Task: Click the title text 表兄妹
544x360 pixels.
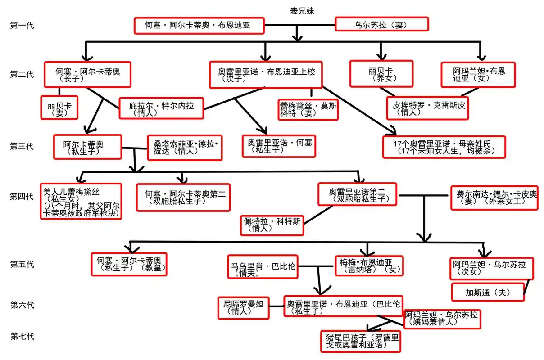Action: tap(302, 11)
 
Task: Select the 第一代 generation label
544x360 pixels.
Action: tap(22, 25)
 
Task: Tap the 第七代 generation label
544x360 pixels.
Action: tap(22, 336)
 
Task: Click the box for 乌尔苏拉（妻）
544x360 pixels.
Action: tap(382, 24)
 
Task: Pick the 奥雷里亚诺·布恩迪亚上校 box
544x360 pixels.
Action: tap(267, 74)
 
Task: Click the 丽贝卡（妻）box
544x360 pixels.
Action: tap(59, 107)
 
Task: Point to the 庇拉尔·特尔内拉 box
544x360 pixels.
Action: tap(162, 108)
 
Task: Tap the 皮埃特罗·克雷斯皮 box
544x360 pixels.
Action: tap(429, 108)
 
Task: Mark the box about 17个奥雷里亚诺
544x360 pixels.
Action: tap(444, 147)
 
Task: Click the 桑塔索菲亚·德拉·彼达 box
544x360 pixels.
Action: tap(185, 147)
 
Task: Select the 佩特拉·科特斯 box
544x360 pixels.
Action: tap(272, 225)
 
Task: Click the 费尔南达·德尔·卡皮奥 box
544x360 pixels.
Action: tap(494, 198)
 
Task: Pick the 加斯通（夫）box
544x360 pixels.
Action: tap(488, 292)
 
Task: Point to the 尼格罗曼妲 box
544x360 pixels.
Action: tap(243, 308)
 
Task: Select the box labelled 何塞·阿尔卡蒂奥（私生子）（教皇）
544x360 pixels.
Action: tap(129, 264)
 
